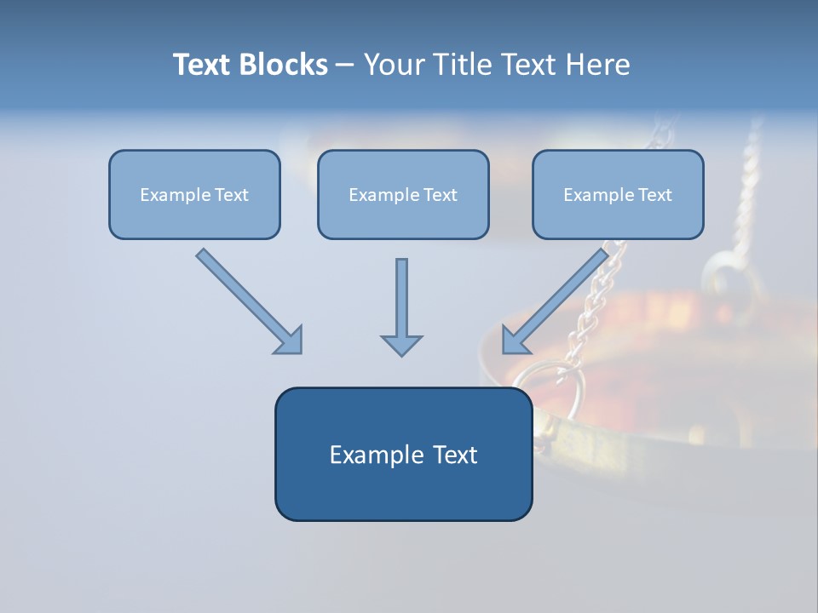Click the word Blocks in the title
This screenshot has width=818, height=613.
click(x=284, y=65)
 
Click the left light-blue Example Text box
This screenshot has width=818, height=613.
click(x=194, y=194)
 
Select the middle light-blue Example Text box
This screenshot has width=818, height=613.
click(x=403, y=194)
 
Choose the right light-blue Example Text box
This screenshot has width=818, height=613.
click(x=619, y=194)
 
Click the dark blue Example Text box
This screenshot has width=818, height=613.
click(x=404, y=454)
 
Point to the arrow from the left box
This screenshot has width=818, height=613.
click(x=249, y=301)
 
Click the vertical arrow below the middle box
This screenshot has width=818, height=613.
click(x=401, y=307)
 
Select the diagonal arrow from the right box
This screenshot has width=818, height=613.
click(x=556, y=301)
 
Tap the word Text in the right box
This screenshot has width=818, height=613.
click(x=654, y=194)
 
